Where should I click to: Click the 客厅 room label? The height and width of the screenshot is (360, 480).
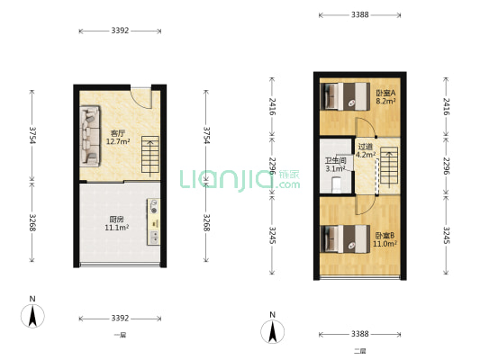pyautogui.click(x=118, y=132)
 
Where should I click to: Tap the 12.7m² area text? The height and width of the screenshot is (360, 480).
pyautogui.click(x=118, y=141)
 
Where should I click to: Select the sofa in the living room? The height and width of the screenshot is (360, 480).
pyautogui.click(x=90, y=135)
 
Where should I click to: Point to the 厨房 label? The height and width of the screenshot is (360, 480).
pyautogui.click(x=117, y=218)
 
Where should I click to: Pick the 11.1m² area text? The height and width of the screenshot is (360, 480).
pyautogui.click(x=117, y=228)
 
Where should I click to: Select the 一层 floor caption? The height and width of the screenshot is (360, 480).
pyautogui.click(x=121, y=335)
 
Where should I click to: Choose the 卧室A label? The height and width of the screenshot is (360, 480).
pyautogui.click(x=386, y=93)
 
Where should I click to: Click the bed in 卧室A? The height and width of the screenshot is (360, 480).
pyautogui.click(x=340, y=94)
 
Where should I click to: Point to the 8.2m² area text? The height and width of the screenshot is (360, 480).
pyautogui.click(x=386, y=102)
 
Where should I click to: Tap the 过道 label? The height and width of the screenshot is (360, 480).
pyautogui.click(x=365, y=146)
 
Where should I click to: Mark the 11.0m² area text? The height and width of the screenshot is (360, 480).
pyautogui.click(x=385, y=245)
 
